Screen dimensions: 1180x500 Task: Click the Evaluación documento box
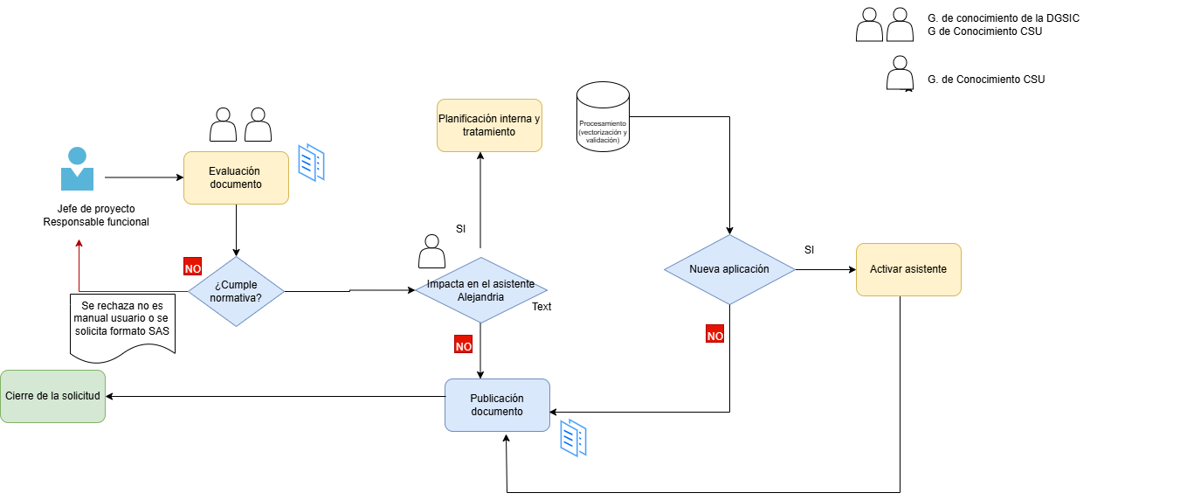(236, 177)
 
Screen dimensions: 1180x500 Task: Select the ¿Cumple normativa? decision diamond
(236, 291)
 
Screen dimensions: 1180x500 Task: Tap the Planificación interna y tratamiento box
(489, 126)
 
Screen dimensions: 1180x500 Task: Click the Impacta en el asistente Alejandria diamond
(481, 290)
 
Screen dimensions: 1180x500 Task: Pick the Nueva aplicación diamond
(729, 269)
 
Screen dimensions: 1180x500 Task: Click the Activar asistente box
(908, 269)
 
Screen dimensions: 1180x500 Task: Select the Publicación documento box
(497, 405)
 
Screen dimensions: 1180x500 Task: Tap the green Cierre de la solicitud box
(52, 396)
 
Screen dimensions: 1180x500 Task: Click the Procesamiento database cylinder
(604, 116)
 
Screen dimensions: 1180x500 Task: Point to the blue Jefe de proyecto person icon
(78, 169)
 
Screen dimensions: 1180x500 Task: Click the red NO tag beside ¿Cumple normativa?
(193, 267)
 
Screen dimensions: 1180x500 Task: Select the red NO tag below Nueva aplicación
(714, 333)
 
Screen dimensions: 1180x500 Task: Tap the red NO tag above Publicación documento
(464, 344)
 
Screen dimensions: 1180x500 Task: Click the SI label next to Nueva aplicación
(809, 250)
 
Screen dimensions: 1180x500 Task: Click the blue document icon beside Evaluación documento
(311, 163)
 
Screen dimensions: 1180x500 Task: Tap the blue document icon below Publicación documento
(573, 438)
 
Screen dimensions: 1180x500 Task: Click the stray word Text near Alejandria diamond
(542, 307)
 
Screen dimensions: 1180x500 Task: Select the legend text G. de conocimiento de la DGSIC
(1004, 18)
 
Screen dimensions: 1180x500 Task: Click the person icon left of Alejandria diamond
(431, 251)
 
